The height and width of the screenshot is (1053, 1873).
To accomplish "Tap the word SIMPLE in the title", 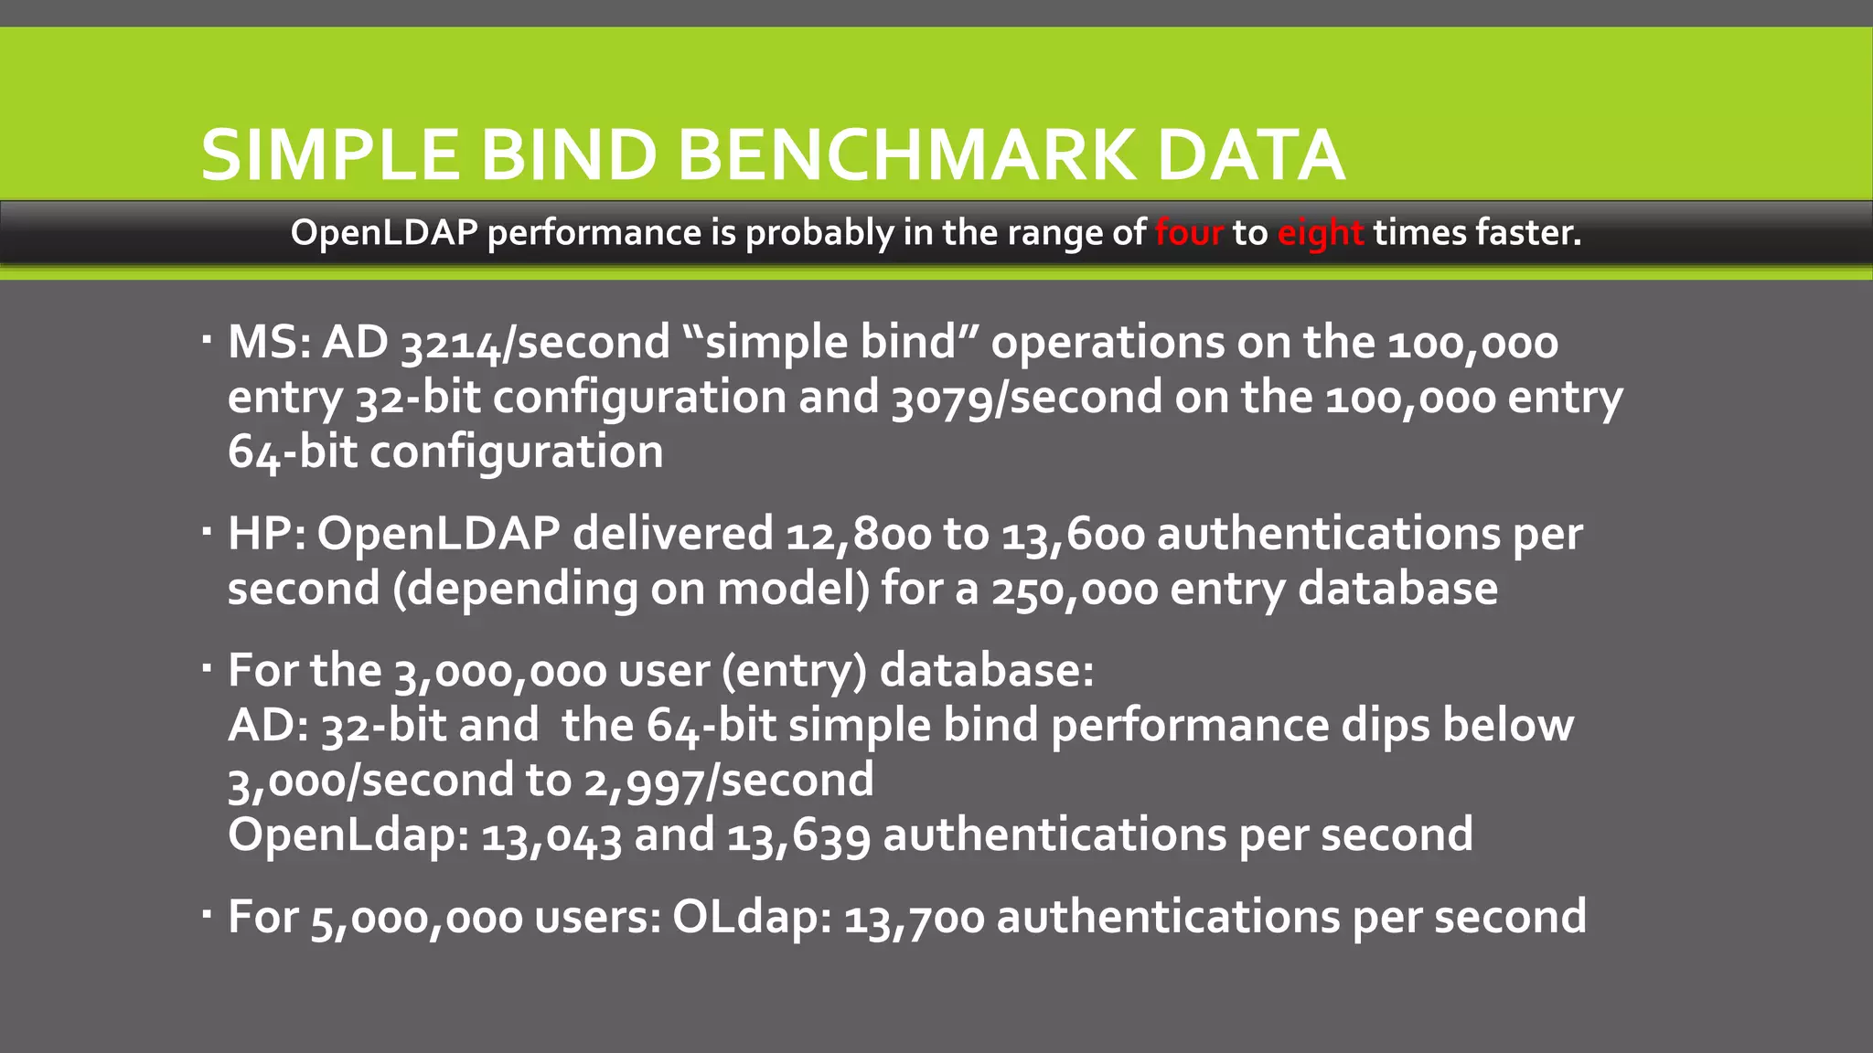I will click(x=330, y=155).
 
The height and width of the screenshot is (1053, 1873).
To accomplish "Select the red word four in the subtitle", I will click(x=1188, y=233).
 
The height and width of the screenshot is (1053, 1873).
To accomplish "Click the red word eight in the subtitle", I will click(x=1320, y=234).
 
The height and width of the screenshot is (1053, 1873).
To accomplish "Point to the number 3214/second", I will click(x=536, y=343).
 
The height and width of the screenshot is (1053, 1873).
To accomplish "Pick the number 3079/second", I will click(x=1026, y=398).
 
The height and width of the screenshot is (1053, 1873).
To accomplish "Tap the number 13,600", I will click(x=1073, y=534).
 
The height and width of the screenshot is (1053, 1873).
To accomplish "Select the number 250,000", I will click(x=1075, y=589).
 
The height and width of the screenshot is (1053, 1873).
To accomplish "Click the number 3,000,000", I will click(x=500, y=671).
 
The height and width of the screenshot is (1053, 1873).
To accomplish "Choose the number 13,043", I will click(x=551, y=835).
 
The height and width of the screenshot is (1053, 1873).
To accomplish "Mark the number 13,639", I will click(x=798, y=835).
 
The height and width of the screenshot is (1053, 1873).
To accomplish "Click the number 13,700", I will click(x=914, y=918).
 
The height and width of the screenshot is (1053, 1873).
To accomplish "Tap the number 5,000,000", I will click(x=416, y=918).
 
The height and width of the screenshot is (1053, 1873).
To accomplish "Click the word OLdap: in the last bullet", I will click(x=752, y=918).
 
